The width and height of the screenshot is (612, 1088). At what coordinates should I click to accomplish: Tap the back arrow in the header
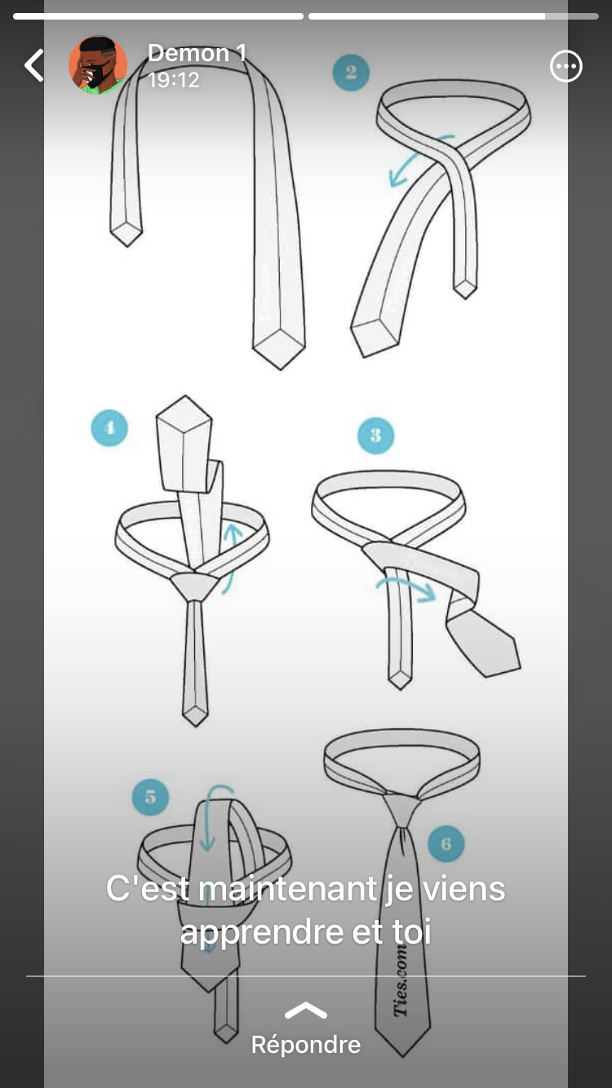click(34, 64)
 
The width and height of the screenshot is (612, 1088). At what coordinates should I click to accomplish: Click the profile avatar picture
click(98, 64)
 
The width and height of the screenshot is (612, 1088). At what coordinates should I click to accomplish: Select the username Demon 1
click(197, 52)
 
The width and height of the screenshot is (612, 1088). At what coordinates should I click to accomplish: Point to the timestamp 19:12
click(174, 80)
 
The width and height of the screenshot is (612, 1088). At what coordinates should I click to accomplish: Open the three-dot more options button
click(565, 66)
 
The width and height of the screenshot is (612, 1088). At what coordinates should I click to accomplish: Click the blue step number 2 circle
click(351, 73)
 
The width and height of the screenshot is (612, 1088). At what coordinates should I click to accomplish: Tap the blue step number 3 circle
click(375, 436)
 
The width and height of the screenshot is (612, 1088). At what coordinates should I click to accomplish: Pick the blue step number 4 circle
click(109, 428)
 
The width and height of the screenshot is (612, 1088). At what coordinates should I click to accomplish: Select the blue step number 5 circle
click(150, 797)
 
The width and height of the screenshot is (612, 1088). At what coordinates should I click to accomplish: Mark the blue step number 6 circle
click(446, 844)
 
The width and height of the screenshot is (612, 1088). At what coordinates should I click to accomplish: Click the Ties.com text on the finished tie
click(401, 981)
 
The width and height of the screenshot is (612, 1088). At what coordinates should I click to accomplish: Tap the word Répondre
click(306, 1044)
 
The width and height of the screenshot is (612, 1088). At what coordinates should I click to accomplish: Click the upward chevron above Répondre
click(306, 1010)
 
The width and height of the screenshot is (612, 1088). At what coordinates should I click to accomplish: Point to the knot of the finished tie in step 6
click(401, 810)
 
